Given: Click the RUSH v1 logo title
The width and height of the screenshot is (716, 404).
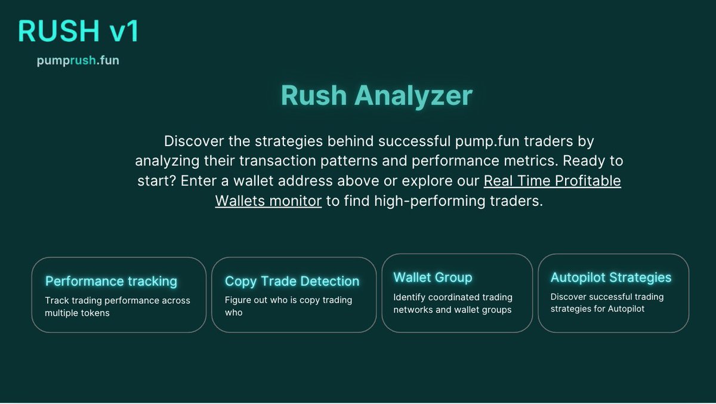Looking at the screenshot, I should click(78, 32).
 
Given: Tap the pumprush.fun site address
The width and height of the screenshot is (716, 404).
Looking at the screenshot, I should click(78, 61).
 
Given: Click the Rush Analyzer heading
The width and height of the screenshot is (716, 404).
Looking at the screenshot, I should click(376, 96).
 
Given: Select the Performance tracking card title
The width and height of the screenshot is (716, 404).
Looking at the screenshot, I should click(111, 281).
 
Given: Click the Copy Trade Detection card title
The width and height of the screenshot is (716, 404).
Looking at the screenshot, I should click(292, 281).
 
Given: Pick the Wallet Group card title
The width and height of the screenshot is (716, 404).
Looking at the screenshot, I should click(433, 277).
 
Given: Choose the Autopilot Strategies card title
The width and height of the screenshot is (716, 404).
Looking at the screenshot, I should click(610, 277).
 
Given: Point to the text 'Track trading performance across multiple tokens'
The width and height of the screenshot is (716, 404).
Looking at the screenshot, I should click(118, 307).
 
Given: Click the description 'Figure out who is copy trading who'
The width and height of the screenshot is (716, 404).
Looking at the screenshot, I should click(288, 307).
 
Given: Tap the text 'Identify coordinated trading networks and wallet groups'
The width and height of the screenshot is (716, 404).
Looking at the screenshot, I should click(453, 303).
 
